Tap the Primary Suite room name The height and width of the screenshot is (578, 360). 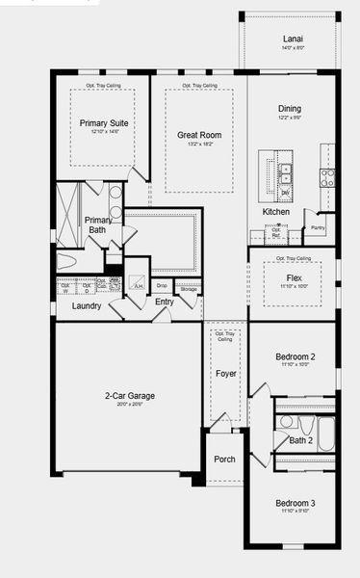coord(104,123)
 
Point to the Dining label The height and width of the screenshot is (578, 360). coord(290,109)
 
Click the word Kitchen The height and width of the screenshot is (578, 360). coord(276,212)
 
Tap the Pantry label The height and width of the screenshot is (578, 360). coord(318,228)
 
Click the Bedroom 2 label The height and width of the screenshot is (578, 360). coord(295,356)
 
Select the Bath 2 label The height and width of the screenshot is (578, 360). coord(301,440)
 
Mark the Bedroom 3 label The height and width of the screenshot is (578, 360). coord(295,504)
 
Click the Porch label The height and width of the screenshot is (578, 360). coord(224,460)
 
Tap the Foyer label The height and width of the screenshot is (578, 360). coord(226,374)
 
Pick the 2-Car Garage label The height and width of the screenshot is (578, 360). coord(130,395)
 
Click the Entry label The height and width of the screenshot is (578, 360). coord(165,302)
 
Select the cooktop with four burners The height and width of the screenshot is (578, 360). coord(328,177)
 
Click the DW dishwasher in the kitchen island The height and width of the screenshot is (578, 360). coord(285,193)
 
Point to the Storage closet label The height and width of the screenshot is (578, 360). coord(189,288)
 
